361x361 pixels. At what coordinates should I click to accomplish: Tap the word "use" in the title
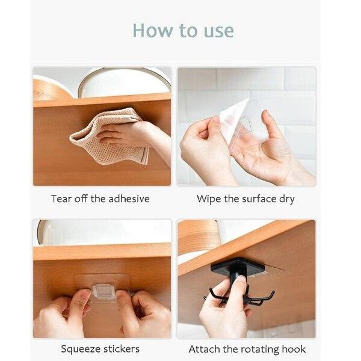click(217, 31)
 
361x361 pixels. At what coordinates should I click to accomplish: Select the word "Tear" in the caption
click(61, 199)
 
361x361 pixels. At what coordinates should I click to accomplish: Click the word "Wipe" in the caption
click(208, 199)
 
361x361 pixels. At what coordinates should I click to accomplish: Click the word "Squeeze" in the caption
click(79, 349)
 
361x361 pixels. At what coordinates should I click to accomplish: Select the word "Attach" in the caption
click(203, 349)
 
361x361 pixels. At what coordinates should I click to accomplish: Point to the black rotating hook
click(241, 283)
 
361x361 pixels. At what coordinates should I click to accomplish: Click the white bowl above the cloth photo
click(123, 81)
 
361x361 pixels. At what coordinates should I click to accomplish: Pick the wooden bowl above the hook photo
click(199, 236)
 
